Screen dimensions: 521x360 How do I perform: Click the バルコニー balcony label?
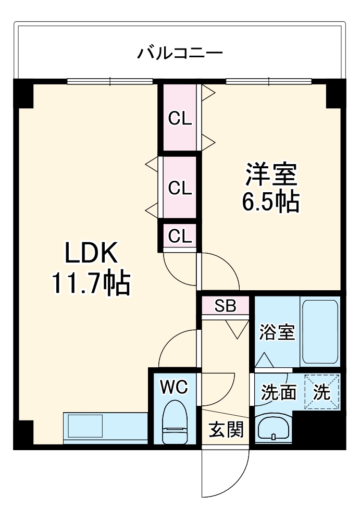(x=180, y=53)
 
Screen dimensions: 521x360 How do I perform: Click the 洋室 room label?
(x=271, y=174)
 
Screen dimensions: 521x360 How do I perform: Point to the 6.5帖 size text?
(x=270, y=202)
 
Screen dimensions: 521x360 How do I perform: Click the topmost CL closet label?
(x=180, y=119)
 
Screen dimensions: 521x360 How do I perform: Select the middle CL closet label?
(x=180, y=188)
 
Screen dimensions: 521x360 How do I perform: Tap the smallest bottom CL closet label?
(x=180, y=236)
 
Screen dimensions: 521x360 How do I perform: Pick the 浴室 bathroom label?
(x=277, y=332)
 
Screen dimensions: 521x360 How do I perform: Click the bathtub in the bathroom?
(x=320, y=332)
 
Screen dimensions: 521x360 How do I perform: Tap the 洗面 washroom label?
(x=278, y=392)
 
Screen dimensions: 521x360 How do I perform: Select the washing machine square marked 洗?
(x=321, y=392)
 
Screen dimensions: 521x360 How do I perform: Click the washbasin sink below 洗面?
(x=274, y=428)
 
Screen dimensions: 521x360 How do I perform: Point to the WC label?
(x=174, y=387)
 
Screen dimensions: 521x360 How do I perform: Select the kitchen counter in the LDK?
(x=104, y=427)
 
